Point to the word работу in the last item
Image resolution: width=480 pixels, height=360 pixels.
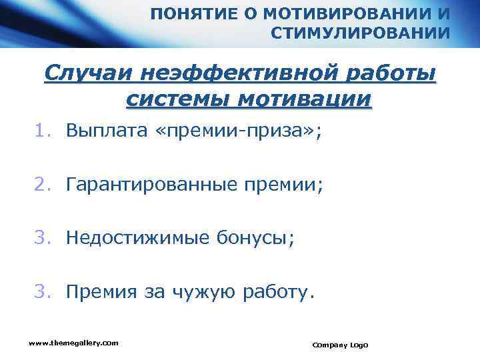278,291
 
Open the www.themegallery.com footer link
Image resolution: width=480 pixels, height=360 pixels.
73,343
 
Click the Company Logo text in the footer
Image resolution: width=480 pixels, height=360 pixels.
339,345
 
